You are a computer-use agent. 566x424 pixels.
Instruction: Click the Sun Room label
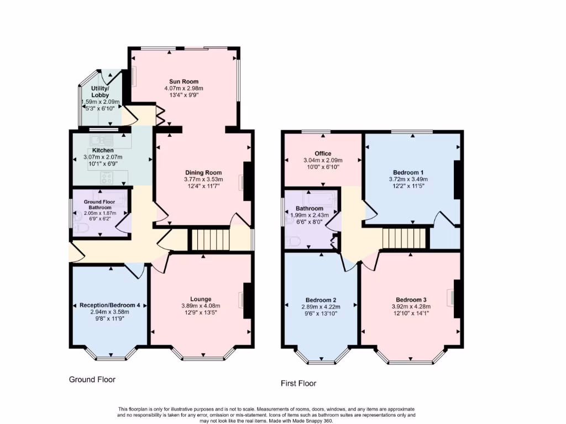[184, 81]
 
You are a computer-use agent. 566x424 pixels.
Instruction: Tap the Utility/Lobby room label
[100, 92]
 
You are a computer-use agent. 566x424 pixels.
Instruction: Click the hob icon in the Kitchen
[107, 177]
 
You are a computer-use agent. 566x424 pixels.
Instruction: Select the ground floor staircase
[209, 241]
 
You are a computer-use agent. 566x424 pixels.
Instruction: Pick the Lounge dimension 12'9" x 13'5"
[201, 313]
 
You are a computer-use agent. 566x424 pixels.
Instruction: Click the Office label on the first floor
[323, 153]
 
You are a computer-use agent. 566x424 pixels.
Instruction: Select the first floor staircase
[405, 240]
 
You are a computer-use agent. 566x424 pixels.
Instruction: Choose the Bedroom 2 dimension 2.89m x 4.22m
[321, 307]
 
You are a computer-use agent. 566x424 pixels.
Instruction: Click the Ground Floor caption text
[92, 379]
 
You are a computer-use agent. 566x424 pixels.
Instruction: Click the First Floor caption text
[298, 383]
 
